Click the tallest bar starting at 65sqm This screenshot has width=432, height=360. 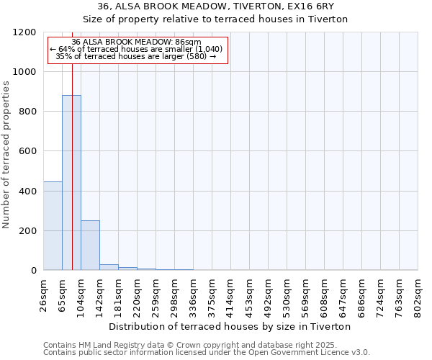point(71,182)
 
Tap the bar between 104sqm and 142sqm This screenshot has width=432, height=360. point(90,245)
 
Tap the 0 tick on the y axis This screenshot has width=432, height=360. point(34,271)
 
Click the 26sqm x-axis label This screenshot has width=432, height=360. point(43,294)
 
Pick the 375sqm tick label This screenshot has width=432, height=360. point(212,294)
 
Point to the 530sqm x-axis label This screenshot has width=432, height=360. point(287,294)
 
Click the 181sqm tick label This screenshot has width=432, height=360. point(118,294)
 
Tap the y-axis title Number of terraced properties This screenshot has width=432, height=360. point(6,155)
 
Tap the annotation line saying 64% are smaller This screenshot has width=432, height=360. point(136,49)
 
